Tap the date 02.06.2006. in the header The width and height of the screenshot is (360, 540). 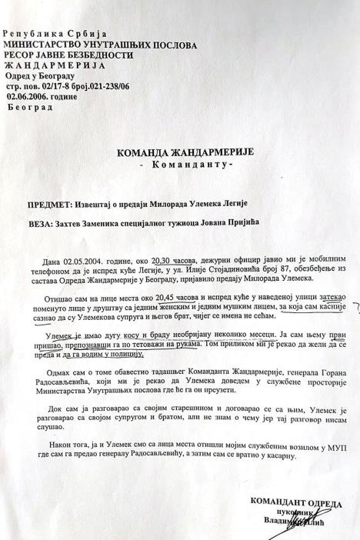28,98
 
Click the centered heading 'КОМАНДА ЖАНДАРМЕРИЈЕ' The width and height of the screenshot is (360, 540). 179,152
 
